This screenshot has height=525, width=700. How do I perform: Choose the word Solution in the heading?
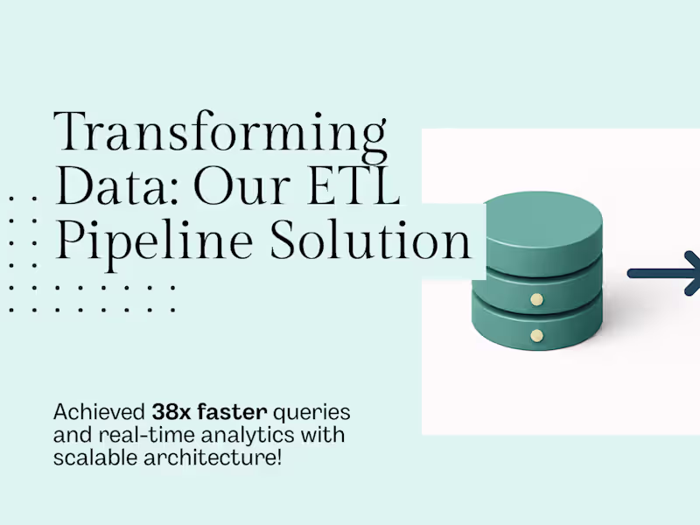pos(371,240)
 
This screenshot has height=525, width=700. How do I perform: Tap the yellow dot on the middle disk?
pos(537,299)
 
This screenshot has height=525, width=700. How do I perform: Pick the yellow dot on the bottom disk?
pos(537,335)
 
